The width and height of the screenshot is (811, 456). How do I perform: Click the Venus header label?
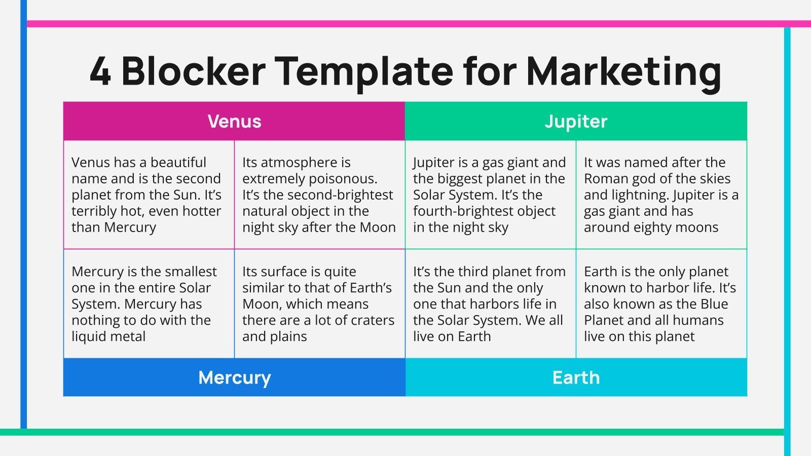click(234, 122)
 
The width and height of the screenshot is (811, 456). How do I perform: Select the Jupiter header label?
click(576, 122)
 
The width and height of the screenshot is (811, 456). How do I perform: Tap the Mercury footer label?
click(234, 377)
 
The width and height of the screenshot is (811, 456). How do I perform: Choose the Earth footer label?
click(576, 377)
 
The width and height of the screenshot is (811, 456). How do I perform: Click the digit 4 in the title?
click(100, 71)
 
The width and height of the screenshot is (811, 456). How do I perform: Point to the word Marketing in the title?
click(624, 71)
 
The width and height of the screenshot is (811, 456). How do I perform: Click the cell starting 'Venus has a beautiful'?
click(147, 195)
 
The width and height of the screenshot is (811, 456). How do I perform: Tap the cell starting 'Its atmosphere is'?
click(318, 195)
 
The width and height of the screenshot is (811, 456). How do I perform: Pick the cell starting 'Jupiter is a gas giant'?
click(489, 195)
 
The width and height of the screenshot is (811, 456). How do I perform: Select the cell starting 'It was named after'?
click(660, 195)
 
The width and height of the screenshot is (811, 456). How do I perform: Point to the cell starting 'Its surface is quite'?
click(318, 303)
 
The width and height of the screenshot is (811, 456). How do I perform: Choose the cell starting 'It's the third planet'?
click(489, 303)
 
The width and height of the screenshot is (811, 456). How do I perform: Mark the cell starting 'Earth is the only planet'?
click(660, 303)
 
